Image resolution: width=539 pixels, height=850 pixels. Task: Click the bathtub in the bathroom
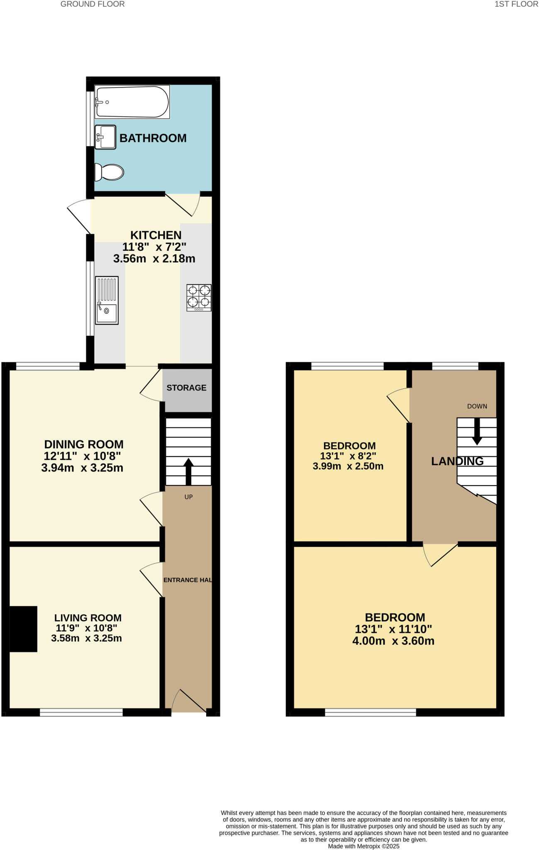click(x=132, y=102)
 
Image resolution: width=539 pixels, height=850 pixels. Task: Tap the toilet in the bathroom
click(x=109, y=172)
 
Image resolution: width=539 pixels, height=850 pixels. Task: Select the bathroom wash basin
click(x=105, y=137)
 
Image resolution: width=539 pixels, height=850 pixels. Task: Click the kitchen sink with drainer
click(x=107, y=300)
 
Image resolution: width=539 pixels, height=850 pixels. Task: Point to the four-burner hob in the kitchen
click(x=199, y=298)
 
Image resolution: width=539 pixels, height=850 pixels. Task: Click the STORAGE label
click(x=186, y=388)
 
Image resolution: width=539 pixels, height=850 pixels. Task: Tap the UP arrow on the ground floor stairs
click(x=188, y=471)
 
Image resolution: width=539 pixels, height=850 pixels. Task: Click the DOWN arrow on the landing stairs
click(x=477, y=432)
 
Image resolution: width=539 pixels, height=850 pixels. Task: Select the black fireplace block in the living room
click(x=23, y=629)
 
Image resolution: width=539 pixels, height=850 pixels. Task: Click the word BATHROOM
click(x=153, y=138)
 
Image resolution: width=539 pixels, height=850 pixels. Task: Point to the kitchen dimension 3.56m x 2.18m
click(x=154, y=259)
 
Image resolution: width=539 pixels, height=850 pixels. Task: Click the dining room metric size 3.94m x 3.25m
click(x=82, y=468)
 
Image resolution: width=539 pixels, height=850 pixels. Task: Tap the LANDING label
click(x=457, y=461)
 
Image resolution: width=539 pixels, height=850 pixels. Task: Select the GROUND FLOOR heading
click(x=93, y=4)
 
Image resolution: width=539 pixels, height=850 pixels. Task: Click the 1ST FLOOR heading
click(x=516, y=4)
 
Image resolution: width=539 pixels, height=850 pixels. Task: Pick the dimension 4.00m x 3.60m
click(x=393, y=641)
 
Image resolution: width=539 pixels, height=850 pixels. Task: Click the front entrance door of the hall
click(x=189, y=701)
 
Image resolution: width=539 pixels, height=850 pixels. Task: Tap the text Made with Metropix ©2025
click(x=363, y=846)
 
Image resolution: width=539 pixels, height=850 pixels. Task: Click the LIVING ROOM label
click(x=88, y=618)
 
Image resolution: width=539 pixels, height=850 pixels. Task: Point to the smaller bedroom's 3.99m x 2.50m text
click(x=348, y=466)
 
